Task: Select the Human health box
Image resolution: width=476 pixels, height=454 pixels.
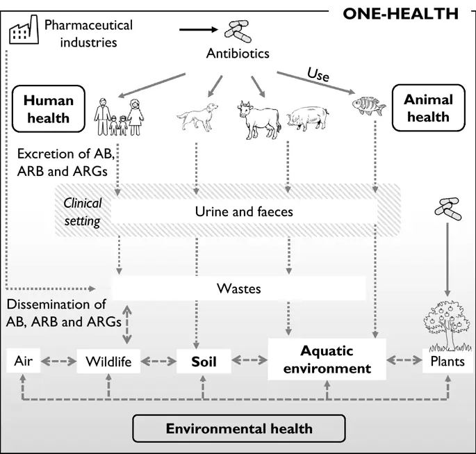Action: [48, 109]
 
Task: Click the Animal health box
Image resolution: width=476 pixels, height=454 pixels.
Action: [428, 108]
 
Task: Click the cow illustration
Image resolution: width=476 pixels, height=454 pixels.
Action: [258, 118]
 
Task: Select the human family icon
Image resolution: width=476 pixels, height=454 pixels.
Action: [119, 115]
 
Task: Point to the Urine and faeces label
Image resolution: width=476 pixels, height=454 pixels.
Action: [243, 211]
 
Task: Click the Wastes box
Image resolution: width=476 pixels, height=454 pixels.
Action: [239, 287]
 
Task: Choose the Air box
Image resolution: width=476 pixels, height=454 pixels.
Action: [23, 362]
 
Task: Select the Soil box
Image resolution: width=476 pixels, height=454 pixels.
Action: [204, 362]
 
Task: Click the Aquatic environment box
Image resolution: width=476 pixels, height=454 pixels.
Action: [327, 359]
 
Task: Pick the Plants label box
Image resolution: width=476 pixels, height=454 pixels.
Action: [448, 362]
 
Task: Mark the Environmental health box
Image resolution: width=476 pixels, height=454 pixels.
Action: [239, 428]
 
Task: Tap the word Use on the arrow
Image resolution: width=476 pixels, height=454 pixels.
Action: [318, 75]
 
